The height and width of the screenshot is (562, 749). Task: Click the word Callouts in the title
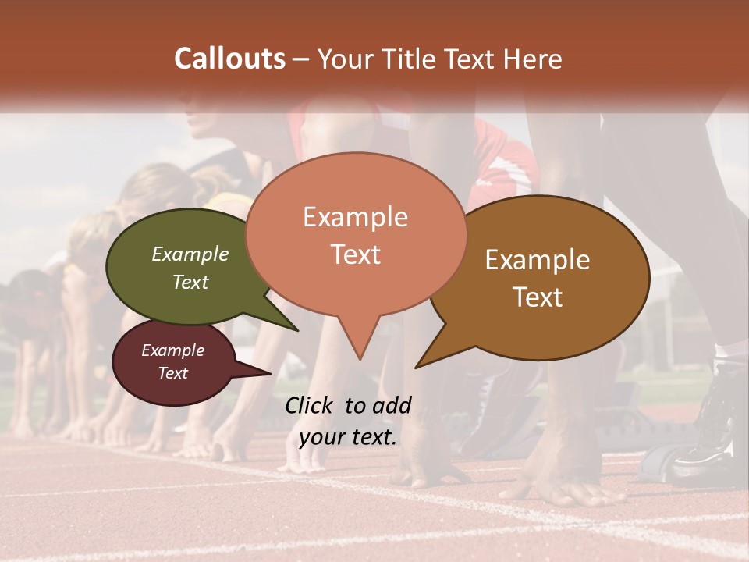229,59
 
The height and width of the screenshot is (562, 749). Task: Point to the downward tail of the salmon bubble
359,343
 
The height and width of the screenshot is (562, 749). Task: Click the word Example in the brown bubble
538,260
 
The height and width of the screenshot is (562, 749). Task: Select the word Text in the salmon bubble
356,254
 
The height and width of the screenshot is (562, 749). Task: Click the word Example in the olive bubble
190,254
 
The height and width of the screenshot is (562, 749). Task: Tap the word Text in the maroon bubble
173,373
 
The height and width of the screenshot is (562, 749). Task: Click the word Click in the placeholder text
311,405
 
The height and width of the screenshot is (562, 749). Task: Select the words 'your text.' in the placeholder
348,437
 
